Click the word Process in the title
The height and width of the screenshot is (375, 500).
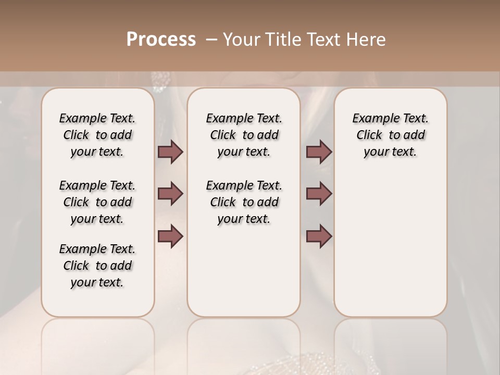coord(161,39)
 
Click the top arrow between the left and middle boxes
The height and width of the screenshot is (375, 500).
coord(170,152)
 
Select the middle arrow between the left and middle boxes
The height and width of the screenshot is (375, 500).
coord(170,194)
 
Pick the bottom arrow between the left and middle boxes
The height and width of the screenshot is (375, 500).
coord(170,236)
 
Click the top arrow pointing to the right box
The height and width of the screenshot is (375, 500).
coord(319,152)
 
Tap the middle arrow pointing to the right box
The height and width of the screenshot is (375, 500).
coord(319,194)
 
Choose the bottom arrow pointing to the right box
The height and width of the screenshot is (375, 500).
coord(319,236)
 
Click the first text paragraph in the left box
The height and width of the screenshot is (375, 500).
coord(97,135)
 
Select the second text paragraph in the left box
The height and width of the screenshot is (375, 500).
coord(97,202)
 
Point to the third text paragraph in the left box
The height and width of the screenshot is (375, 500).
coord(97,266)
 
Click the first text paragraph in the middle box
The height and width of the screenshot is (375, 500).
coord(244,135)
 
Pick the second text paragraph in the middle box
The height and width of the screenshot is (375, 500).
coord(244,202)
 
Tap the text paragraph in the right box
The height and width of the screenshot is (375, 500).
coord(391,135)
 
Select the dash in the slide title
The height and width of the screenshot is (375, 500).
coord(211,39)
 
